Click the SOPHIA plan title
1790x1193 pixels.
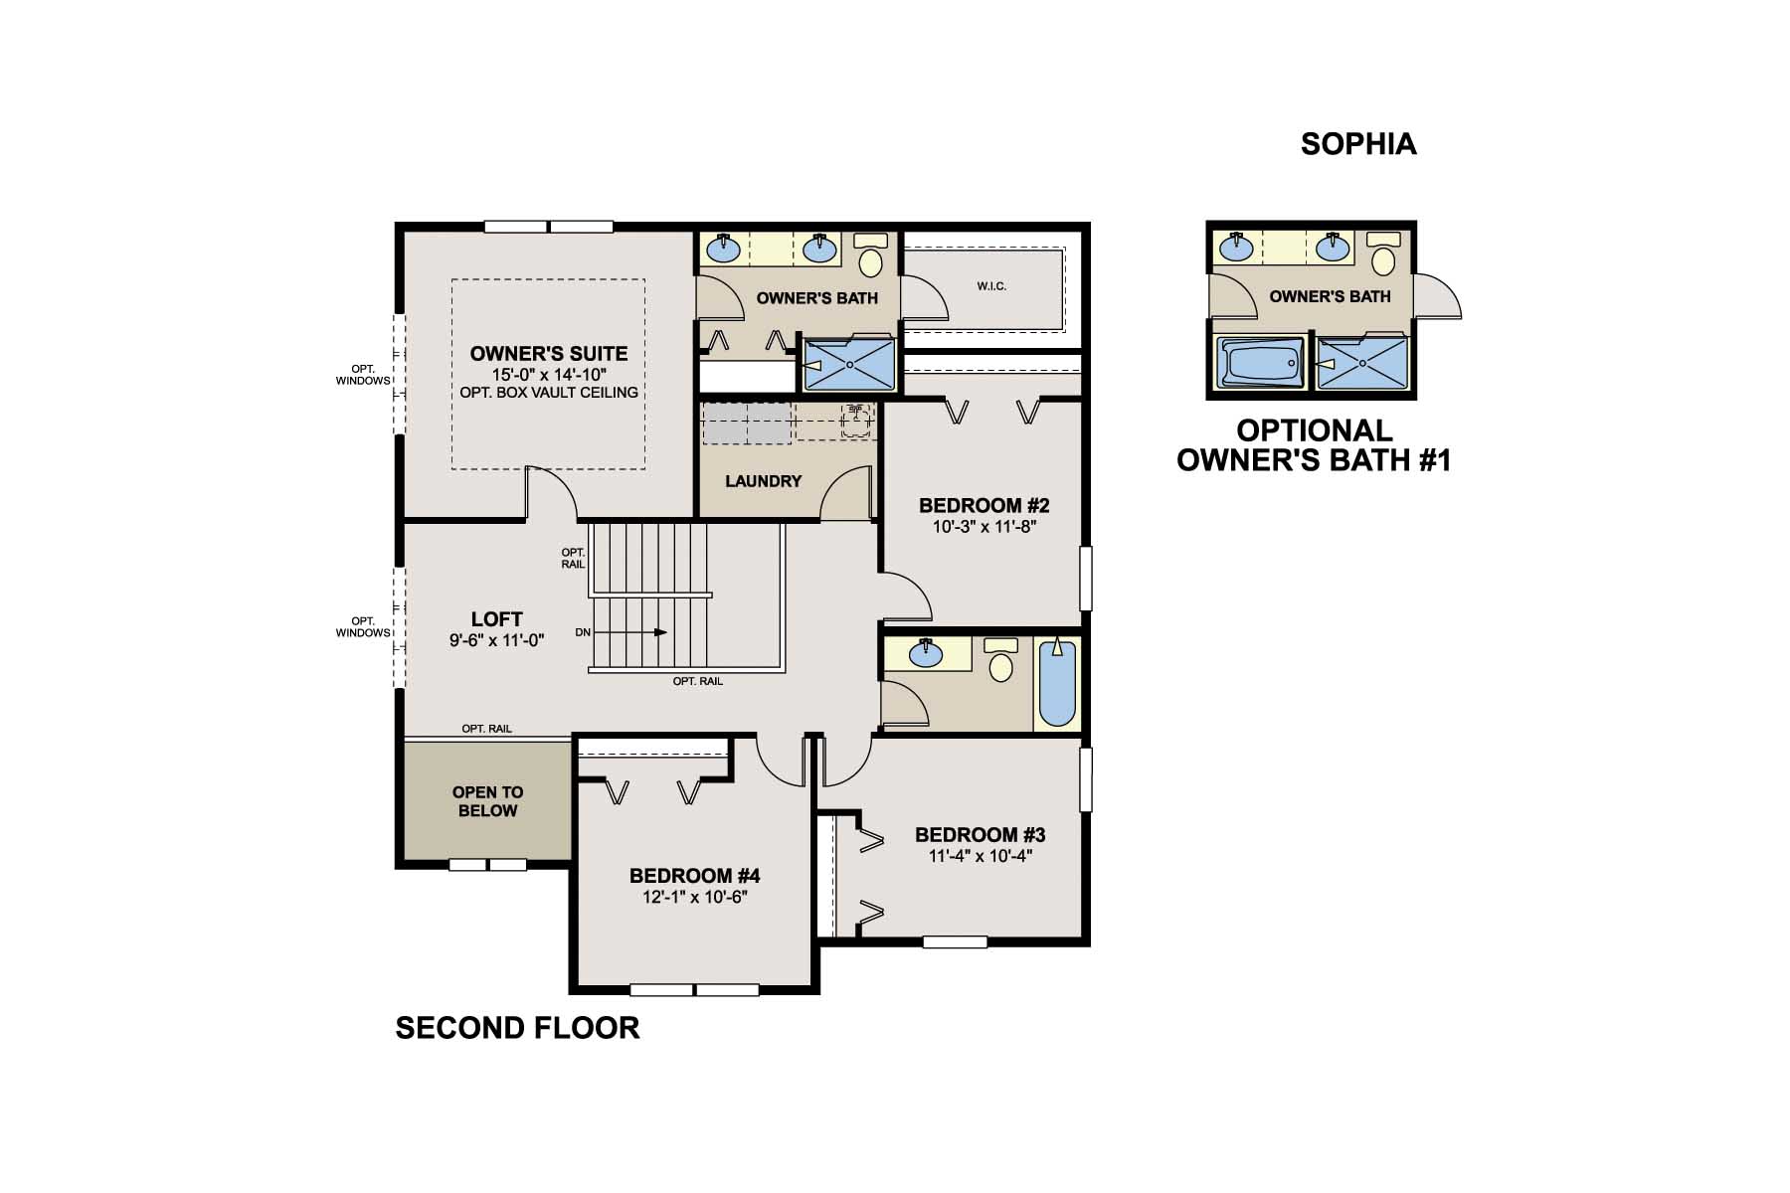pyautogui.click(x=1358, y=144)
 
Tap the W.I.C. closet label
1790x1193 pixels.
pyautogui.click(x=991, y=286)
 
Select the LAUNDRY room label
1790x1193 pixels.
pyautogui.click(x=763, y=481)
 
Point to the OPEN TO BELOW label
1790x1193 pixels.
pyautogui.click(x=487, y=801)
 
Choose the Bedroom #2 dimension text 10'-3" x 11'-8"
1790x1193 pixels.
pyautogui.click(x=984, y=527)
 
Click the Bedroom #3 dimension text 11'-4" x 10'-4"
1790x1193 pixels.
pyautogui.click(x=981, y=856)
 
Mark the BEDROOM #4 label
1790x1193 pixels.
pyautogui.click(x=694, y=876)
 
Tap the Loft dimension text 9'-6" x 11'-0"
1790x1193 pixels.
pyautogui.click(x=496, y=641)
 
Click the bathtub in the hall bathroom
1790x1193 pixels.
pyautogui.click(x=1057, y=684)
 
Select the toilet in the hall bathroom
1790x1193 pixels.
pyautogui.click(x=1000, y=662)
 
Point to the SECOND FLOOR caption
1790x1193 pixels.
pyautogui.click(x=517, y=1028)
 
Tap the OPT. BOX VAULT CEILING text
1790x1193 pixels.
pyautogui.click(x=549, y=393)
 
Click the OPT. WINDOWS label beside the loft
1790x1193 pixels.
pyautogui.click(x=363, y=627)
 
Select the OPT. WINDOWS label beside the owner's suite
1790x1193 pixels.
pyautogui.click(x=363, y=375)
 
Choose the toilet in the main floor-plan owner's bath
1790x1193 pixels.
pyautogui.click(x=871, y=257)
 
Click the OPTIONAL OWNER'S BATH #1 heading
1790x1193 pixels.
pyautogui.click(x=1314, y=445)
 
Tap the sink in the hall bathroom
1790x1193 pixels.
pyautogui.click(x=926, y=653)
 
